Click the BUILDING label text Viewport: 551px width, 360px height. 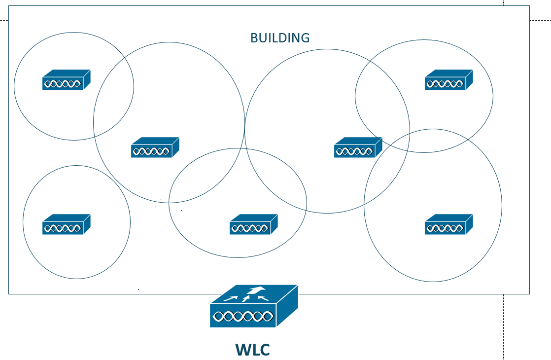[x=280, y=38]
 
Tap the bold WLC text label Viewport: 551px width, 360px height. [x=252, y=350]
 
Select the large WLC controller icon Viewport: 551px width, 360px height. [x=254, y=306]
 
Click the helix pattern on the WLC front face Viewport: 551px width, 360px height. [x=242, y=317]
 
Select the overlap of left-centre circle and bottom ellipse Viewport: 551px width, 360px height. [x=207, y=178]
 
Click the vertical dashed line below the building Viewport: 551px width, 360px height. [x=503, y=325]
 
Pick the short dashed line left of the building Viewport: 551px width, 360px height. [x=4, y=21]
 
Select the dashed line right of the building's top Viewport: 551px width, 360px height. [x=540, y=21]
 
